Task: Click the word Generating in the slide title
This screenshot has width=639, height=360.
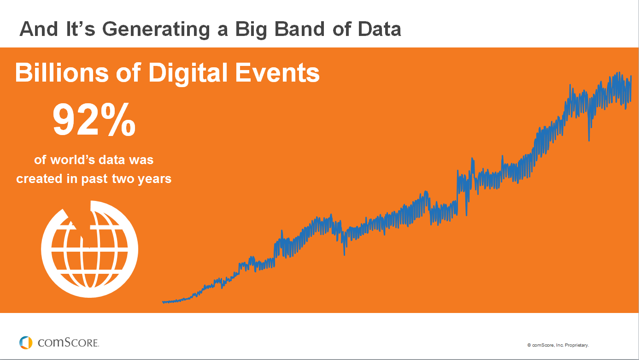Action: coord(164,30)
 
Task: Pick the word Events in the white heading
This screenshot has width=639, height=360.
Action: coord(277,73)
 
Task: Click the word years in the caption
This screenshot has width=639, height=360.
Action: coord(155,179)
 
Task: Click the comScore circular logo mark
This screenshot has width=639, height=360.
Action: coord(26,342)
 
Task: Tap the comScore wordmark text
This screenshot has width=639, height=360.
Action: coord(68,343)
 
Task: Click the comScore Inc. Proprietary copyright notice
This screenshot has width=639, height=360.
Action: coord(558,345)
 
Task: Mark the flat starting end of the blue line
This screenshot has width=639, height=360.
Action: coord(164,302)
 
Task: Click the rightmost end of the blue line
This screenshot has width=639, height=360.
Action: coord(630,76)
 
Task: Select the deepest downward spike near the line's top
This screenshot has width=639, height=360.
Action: coord(589,138)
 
